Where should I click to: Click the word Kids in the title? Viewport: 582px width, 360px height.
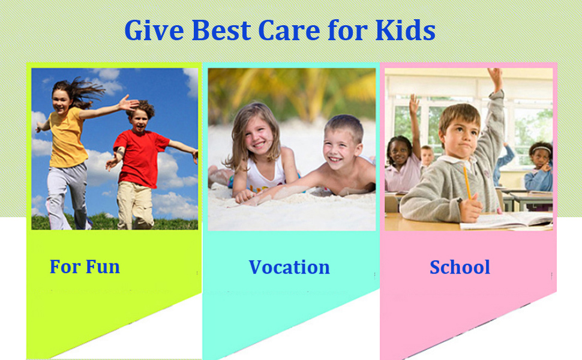pos(405,30)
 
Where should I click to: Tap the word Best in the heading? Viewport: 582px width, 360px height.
pos(221,30)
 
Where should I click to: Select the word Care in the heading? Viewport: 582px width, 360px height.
pos(289,30)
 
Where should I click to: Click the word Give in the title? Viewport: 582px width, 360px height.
pos(154,30)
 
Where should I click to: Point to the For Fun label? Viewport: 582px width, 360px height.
pos(85,266)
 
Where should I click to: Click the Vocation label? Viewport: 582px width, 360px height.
pos(289,267)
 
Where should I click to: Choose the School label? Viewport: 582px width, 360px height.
pos(460,267)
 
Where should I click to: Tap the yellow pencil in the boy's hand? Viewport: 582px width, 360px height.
pos(467,182)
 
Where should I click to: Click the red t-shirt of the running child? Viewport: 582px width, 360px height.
pos(140,158)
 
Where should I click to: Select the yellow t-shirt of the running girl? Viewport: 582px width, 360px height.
pos(68,138)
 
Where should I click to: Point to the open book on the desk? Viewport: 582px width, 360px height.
pos(507,220)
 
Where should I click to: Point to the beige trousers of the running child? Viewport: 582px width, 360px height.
pos(135,205)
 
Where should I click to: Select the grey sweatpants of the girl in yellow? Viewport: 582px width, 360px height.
pos(67,196)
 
